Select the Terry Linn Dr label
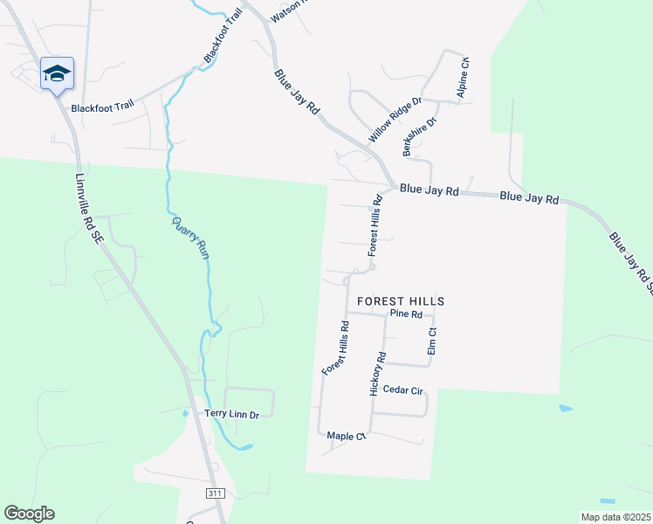coord(231,414)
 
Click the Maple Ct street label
coord(344,436)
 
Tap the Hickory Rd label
coord(377,375)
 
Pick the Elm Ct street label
coord(431,341)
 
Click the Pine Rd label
coord(406,314)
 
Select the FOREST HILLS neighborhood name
coord(400,300)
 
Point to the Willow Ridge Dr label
coord(395,120)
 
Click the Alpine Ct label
coord(464,78)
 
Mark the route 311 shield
coord(215,493)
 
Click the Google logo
coord(29,514)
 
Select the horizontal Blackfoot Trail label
coord(102,107)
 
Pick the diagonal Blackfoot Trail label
coord(222,37)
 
